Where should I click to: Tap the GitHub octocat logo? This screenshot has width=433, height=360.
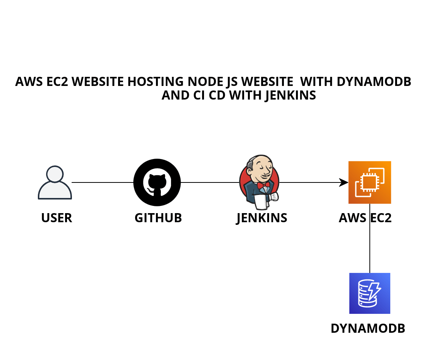pyautogui.click(x=157, y=182)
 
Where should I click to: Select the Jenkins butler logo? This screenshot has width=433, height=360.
pyautogui.click(x=260, y=182)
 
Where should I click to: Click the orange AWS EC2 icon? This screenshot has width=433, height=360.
pyautogui.click(x=369, y=182)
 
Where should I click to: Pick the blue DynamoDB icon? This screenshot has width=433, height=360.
pyautogui.click(x=369, y=293)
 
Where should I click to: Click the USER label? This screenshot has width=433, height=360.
pyautogui.click(x=56, y=218)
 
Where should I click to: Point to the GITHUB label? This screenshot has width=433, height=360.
pyautogui.click(x=158, y=218)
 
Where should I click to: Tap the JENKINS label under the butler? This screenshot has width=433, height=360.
pyautogui.click(x=262, y=218)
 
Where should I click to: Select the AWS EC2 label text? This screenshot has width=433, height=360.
pyautogui.click(x=365, y=218)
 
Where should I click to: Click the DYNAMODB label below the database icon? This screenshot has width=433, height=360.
pyautogui.click(x=368, y=328)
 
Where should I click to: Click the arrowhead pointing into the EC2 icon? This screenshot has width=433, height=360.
pyautogui.click(x=344, y=182)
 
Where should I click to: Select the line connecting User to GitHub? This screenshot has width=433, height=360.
pyautogui.click(x=102, y=182)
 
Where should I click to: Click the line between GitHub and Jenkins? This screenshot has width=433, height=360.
pyautogui.click(x=210, y=182)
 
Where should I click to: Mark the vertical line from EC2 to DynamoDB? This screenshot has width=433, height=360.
pyautogui.click(x=370, y=246)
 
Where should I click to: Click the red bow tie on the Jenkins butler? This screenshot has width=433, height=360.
pyautogui.click(x=263, y=185)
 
